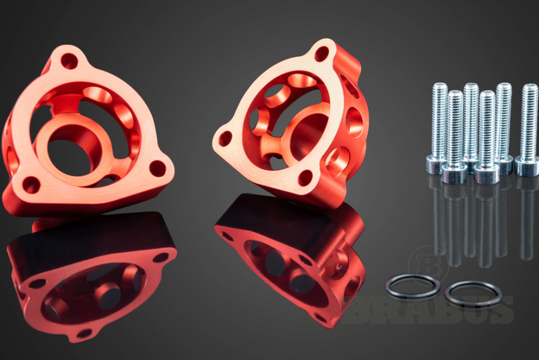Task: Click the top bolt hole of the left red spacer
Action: [x=69, y=61]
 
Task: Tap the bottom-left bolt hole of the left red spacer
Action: [x=31, y=185]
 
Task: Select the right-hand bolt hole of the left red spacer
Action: [x=158, y=168]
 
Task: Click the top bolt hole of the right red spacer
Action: [x=322, y=54]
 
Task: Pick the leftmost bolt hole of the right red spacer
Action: [x=225, y=138]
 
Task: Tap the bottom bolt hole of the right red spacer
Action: [x=305, y=178]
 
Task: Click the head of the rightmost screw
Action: [x=526, y=167]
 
